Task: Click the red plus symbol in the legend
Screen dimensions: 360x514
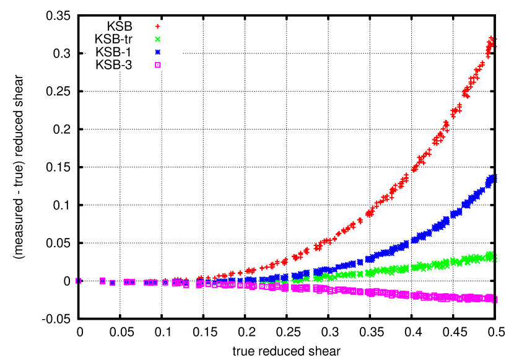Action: (158, 27)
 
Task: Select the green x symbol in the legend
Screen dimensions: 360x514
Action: (158, 39)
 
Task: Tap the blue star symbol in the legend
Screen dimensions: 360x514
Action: (158, 52)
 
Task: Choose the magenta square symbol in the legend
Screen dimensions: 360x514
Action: (158, 65)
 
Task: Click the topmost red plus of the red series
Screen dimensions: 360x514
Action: (491, 39)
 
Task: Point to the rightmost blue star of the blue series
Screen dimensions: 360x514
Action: (491, 179)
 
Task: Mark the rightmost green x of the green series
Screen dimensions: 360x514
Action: (490, 256)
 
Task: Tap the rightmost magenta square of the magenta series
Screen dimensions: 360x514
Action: (490, 298)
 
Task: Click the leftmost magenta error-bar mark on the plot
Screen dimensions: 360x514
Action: (79, 281)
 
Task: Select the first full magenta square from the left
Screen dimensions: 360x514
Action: (103, 281)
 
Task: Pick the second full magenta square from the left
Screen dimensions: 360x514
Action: (113, 283)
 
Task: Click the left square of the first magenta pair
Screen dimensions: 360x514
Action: (126, 282)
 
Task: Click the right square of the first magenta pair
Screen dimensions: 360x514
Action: (133, 282)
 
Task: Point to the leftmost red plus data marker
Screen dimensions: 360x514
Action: (176, 279)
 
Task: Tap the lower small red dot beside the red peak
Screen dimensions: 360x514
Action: (496, 46)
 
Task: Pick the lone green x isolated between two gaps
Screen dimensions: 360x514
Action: (360, 274)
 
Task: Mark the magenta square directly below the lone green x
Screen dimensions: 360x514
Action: (360, 291)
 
